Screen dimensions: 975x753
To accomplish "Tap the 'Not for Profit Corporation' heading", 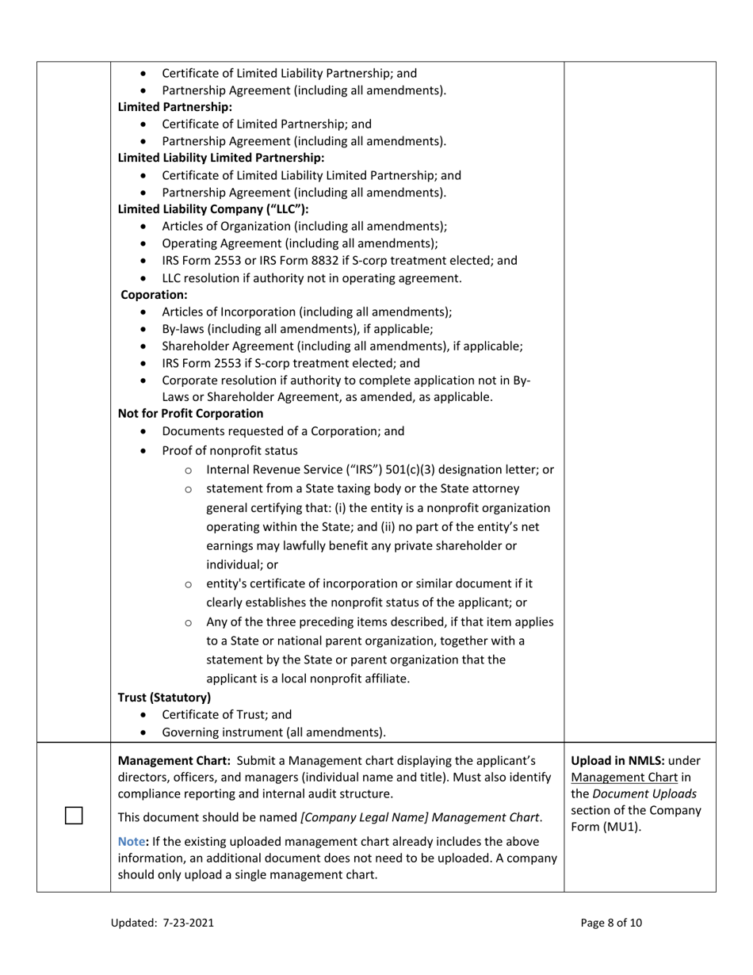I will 190,413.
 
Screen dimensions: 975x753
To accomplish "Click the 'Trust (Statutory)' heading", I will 164,698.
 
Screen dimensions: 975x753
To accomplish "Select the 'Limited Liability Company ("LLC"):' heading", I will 212,209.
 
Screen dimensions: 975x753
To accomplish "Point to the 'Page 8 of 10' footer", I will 611,923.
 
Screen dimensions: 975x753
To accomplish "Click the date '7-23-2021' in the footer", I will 189,923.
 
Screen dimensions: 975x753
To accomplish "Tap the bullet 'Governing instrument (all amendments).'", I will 273,732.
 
